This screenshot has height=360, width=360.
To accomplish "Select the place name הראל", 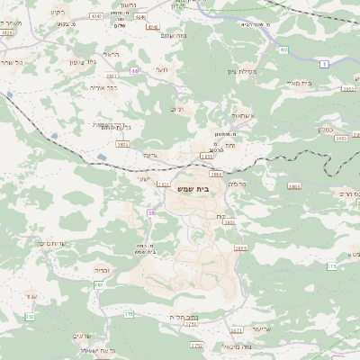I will [x=111, y=55].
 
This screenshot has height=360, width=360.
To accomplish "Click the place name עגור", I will [x=33, y=296].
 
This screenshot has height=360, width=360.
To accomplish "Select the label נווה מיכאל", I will [x=220, y=347].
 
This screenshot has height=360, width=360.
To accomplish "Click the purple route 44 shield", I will [x=134, y=70].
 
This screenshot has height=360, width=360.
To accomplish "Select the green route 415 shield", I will [x=283, y=50].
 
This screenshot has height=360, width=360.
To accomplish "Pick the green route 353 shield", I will [x=30, y=317].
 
